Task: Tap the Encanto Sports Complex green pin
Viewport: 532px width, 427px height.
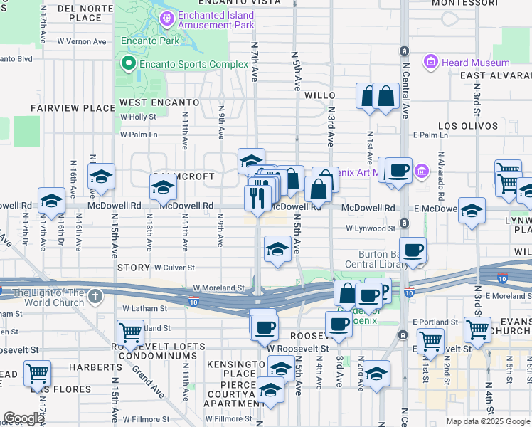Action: [129, 65]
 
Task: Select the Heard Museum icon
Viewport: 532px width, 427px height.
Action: [430, 63]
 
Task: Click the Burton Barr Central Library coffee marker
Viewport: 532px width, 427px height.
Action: [413, 250]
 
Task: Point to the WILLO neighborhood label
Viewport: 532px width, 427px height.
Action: [319, 95]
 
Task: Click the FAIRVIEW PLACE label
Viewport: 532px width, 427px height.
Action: [73, 108]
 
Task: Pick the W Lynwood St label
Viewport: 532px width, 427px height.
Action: [371, 228]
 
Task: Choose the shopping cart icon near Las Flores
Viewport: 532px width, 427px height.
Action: [37, 372]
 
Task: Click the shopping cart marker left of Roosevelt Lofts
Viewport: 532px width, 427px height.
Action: [130, 332]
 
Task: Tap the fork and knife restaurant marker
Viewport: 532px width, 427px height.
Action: [257, 196]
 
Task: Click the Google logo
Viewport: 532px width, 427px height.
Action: [23, 418]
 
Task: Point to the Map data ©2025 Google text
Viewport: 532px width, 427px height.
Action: [487, 421]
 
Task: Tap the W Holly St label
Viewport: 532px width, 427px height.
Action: [138, 117]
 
